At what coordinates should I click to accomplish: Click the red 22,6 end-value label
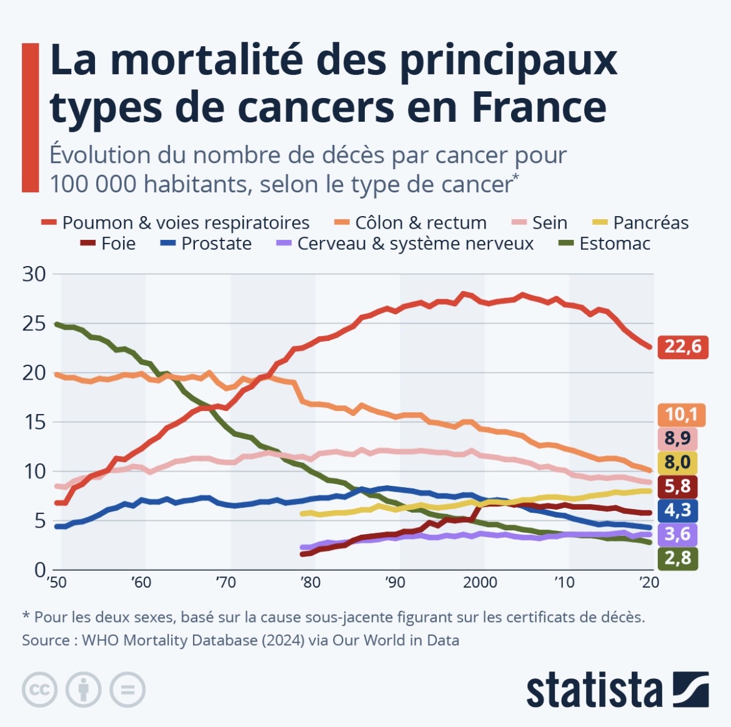point(682,346)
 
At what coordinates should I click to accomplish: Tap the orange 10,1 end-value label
point(681,414)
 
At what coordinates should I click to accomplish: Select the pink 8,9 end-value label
point(678,438)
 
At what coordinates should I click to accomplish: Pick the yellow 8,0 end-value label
point(678,462)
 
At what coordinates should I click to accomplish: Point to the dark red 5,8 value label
point(678,486)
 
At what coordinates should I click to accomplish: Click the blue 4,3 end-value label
point(678,510)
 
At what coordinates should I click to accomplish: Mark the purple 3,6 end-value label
point(678,534)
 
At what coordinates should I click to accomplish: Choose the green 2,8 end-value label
point(678,558)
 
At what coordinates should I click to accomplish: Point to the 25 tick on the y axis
point(34,324)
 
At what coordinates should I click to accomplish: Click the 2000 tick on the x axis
point(480,583)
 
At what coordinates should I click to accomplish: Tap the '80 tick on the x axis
point(310,583)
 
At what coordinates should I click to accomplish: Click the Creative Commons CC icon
point(40,690)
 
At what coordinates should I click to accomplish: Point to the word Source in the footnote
point(46,640)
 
